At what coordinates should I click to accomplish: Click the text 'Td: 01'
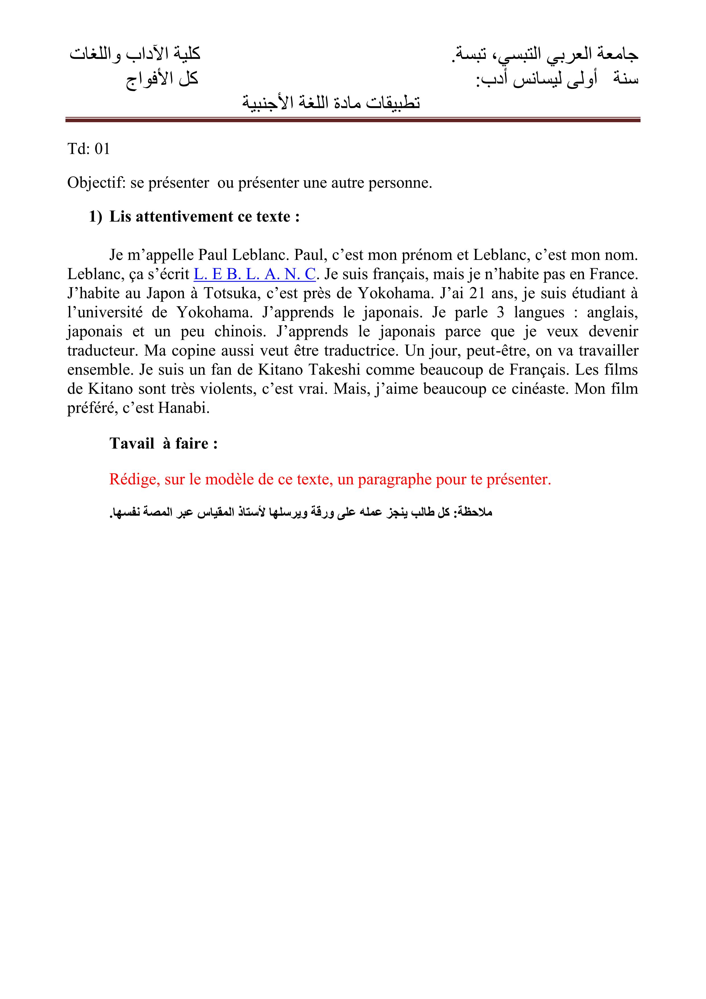point(89,149)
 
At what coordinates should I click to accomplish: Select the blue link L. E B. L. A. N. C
point(254,274)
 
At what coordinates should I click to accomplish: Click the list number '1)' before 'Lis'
point(96,216)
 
